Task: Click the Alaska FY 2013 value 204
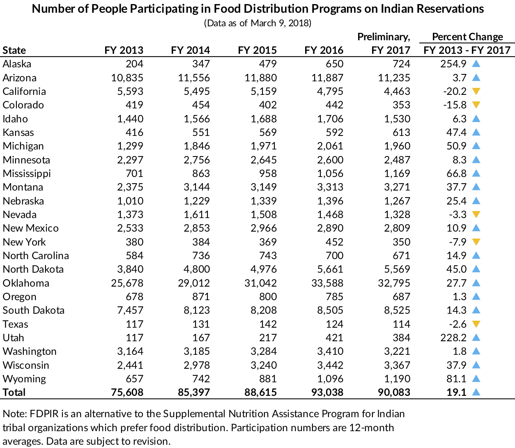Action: pyautogui.click(x=134, y=64)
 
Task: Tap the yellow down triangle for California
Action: pyautogui.click(x=476, y=91)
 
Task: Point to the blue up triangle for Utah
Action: pyautogui.click(x=476, y=338)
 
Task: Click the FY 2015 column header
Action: pyautogui.click(x=257, y=51)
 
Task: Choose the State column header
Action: pyautogui.click(x=14, y=51)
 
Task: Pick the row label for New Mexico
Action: pyautogui.click(x=31, y=228)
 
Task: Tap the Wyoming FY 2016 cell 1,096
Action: pyautogui.click(x=330, y=379)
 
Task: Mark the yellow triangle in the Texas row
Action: pyautogui.click(x=476, y=324)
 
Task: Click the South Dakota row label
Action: pyautogui.click(x=34, y=310)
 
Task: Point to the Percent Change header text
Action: pyautogui.click(x=467, y=37)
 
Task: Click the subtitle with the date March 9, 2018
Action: pyautogui.click(x=258, y=23)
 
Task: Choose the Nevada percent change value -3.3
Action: pyautogui.click(x=458, y=215)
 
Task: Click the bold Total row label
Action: pyautogui.click(x=14, y=393)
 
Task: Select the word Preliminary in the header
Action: pyautogui.click(x=383, y=37)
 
